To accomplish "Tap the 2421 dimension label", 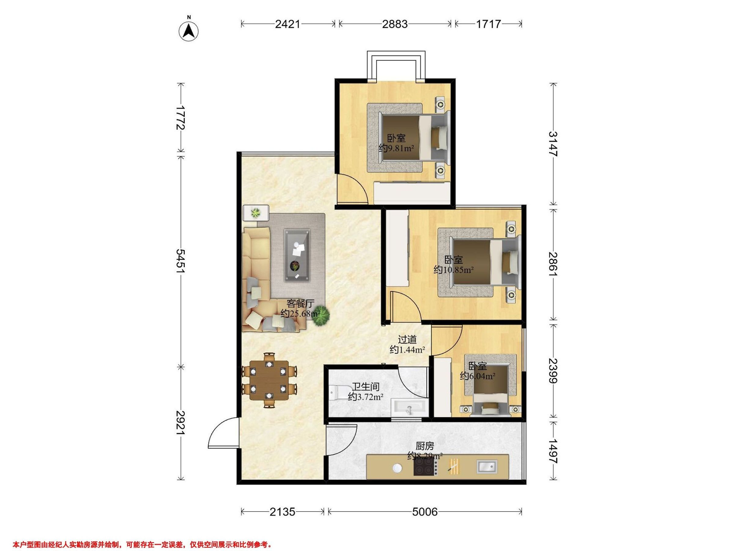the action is (x=287, y=24).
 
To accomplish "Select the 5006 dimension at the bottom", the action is (x=425, y=512).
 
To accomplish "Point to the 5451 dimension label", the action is (x=181, y=261).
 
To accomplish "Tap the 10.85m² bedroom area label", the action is (x=453, y=270).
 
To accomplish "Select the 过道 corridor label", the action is (x=407, y=339).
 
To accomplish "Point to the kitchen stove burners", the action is (x=424, y=467).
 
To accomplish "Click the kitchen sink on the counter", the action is (x=487, y=466).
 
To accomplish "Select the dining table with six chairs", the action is (x=269, y=380).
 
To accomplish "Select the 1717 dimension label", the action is (x=488, y=24).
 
